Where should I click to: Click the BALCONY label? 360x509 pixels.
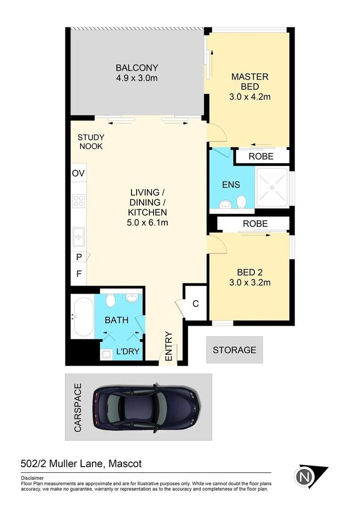coord(137,67)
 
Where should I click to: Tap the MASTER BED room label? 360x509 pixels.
coord(249,82)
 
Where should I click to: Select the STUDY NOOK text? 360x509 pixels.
coord(90,142)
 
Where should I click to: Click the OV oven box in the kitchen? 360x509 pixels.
coord(78,173)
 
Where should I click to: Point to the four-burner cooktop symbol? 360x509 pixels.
coord(78,201)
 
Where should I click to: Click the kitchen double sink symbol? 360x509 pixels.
coord(78,237)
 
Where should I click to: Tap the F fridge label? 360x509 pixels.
coord(78,273)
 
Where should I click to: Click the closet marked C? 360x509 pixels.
coord(195,304)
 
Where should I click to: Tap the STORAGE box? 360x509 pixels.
coord(234,350)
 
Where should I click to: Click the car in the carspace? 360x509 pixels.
coord(147,407)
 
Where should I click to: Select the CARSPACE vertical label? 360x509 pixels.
coord(78,407)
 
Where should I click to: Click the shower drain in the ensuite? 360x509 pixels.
coord(272,187)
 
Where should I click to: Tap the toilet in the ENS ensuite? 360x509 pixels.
coord(242,202)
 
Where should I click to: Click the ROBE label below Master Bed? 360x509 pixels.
coord(261,156)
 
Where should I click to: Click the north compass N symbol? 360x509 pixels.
coord(305,477)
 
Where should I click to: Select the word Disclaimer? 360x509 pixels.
coord(33,477)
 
